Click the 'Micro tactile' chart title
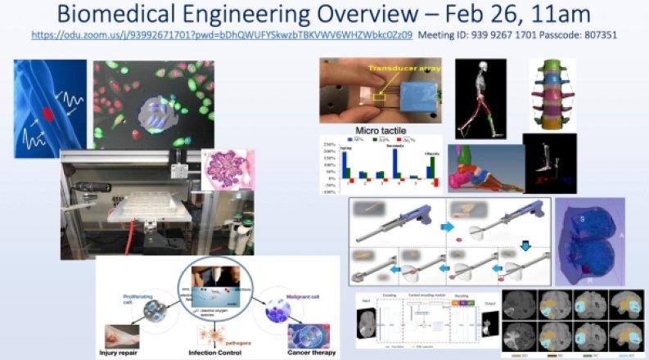coord(377,129)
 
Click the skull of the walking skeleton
coord(475,67)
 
